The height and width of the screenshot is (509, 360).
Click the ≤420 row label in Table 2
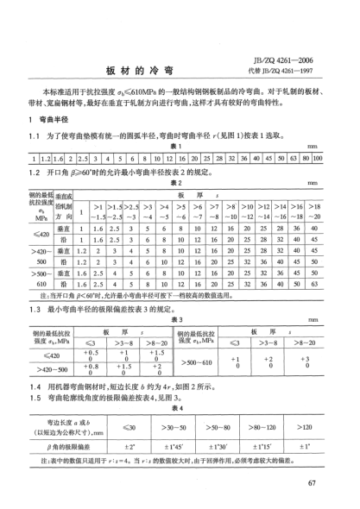[x=41, y=233]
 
